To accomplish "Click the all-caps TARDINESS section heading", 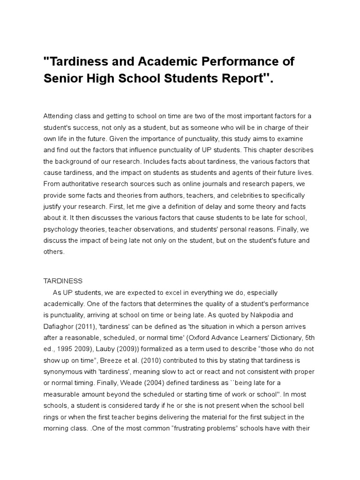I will (x=63, y=281).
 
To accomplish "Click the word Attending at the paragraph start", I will (x=59, y=116).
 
